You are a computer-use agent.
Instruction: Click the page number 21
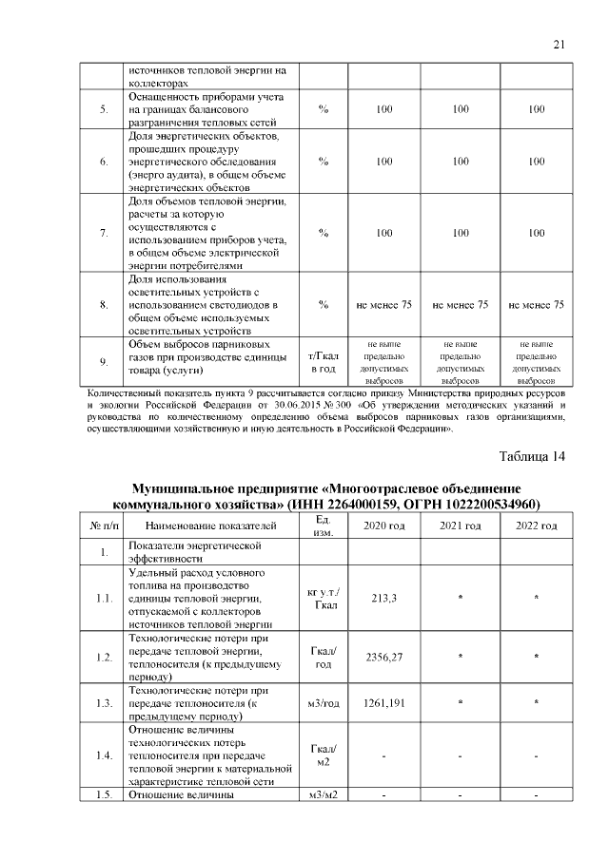click(x=559, y=45)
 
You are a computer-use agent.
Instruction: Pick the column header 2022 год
click(x=537, y=526)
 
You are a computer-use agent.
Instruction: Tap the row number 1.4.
click(x=103, y=755)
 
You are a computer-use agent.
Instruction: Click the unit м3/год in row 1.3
click(x=324, y=703)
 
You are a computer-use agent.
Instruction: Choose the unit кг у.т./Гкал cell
click(x=324, y=599)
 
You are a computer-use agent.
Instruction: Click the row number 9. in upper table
click(x=103, y=361)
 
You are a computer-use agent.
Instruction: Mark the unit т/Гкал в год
click(x=324, y=361)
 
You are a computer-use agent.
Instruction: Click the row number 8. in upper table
click(x=103, y=305)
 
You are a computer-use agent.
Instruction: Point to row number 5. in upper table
click(x=103, y=110)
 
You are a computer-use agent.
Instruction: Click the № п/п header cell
click(x=103, y=526)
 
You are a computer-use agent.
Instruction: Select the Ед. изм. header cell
click(x=324, y=526)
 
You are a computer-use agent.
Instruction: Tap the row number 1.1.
click(x=103, y=599)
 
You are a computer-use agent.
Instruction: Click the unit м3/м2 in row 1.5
click(x=324, y=794)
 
